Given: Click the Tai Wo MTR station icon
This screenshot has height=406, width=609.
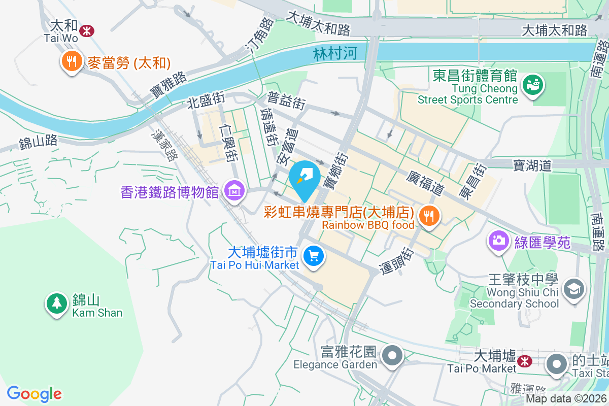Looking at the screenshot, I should point(87,30).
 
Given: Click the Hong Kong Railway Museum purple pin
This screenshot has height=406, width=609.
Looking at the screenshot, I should point(234,191).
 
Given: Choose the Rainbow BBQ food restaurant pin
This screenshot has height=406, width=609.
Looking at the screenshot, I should point(429,216).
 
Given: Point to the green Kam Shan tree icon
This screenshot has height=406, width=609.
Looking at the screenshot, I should point(56,303).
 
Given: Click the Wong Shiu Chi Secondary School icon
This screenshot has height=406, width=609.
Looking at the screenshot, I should point(574,289).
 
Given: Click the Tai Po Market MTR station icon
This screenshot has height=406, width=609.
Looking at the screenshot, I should point(525,361).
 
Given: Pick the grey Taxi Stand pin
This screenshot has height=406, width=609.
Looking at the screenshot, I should point(557,364).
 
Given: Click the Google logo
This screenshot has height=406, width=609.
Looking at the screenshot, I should point(35,394).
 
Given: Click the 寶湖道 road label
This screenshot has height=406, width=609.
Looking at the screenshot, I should point(532,165).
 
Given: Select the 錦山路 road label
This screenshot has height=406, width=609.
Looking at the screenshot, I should point(38,143).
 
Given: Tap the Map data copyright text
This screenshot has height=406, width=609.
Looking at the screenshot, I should point(566,399).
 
